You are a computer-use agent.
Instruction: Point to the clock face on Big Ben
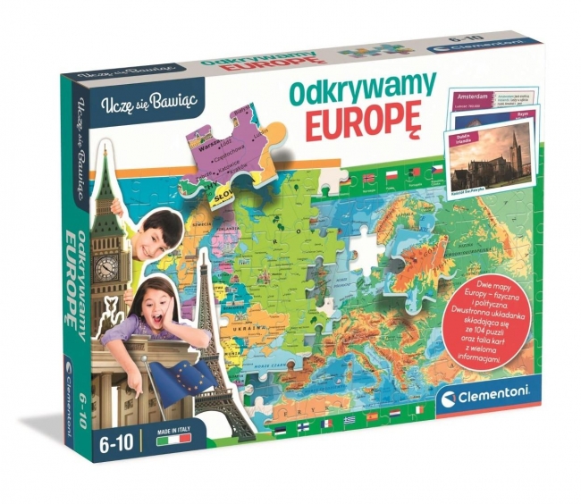(106, 266)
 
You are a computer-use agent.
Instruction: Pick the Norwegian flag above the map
(369, 177)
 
